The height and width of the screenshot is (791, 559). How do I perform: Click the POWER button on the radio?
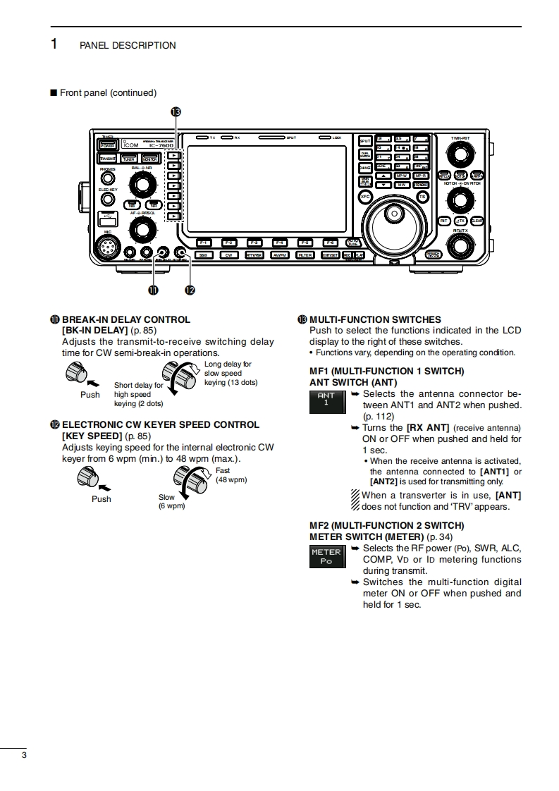coord(108,145)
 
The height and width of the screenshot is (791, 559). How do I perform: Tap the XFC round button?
coord(364,197)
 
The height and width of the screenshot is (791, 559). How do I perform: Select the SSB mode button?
coord(203,255)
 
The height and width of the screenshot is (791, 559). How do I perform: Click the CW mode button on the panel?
coord(228,255)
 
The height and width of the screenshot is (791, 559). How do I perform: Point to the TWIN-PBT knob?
coord(460,154)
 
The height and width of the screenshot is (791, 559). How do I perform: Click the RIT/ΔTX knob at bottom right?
coord(460,246)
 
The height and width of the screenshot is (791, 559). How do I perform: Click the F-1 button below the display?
coord(203,243)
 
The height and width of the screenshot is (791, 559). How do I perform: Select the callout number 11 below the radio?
coord(152,290)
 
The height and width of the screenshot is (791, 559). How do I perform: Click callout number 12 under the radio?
coord(189,290)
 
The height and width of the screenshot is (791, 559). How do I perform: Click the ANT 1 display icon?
coord(326,400)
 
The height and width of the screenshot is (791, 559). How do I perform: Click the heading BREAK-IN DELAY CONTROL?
coord(126,319)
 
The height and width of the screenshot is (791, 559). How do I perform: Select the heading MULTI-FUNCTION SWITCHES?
coord(375,319)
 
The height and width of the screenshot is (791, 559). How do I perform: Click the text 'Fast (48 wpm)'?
coord(231,475)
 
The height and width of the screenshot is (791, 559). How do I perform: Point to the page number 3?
coord(24,756)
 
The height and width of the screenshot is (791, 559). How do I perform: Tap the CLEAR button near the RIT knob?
coord(477,221)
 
